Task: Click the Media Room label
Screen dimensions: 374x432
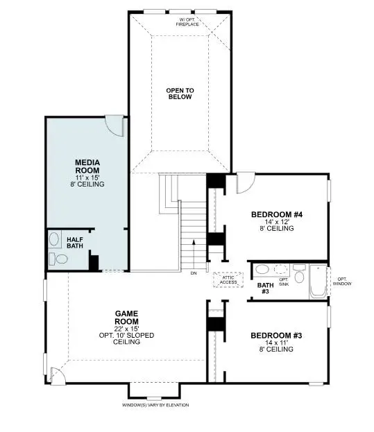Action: click(x=87, y=166)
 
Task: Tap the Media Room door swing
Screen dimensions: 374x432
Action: click(x=114, y=126)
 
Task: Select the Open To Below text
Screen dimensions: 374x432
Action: click(x=180, y=94)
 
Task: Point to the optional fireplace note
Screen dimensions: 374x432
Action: click(x=187, y=21)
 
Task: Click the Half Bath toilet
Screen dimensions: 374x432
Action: click(x=58, y=259)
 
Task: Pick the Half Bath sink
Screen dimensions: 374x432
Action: click(x=55, y=239)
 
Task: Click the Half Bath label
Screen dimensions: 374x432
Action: click(x=75, y=243)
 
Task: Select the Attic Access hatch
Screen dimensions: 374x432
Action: click(x=228, y=279)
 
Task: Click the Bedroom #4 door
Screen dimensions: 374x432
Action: click(x=246, y=182)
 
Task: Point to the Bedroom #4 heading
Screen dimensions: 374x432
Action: click(x=277, y=214)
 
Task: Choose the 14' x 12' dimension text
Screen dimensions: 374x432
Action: click(x=276, y=222)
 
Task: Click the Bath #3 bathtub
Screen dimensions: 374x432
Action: click(x=318, y=282)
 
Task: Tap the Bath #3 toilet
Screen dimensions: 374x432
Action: click(x=299, y=273)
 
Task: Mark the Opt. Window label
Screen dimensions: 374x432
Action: click(x=342, y=282)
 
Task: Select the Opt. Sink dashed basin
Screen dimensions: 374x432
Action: click(x=280, y=269)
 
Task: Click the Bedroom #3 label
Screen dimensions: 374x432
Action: click(x=276, y=336)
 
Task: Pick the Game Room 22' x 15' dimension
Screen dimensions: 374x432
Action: click(x=127, y=329)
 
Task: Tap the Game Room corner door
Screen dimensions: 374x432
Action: click(x=57, y=376)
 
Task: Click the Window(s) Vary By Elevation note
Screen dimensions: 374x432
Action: click(x=155, y=405)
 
